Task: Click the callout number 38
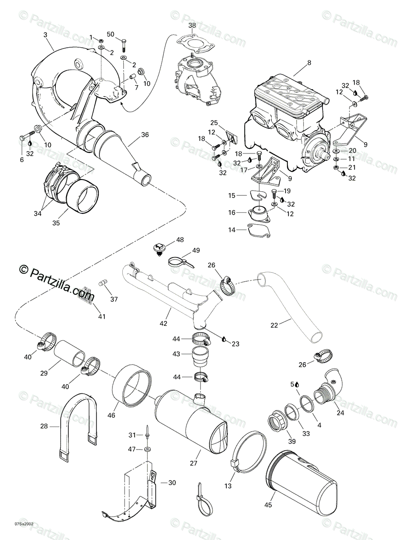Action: click(x=192, y=26)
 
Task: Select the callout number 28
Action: click(x=56, y=425)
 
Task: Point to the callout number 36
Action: click(x=144, y=135)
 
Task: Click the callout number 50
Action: click(x=111, y=35)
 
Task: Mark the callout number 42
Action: click(x=163, y=323)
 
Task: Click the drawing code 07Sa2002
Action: click(x=24, y=524)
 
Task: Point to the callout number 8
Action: click(x=309, y=63)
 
